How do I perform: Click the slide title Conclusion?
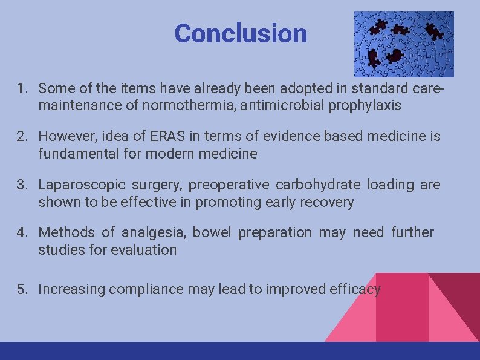[x=241, y=33]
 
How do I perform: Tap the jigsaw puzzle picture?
[x=404, y=44]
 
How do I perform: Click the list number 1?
[x=22, y=89]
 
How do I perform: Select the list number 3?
[x=22, y=185]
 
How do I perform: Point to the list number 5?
[x=22, y=289]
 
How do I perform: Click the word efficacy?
[x=353, y=290]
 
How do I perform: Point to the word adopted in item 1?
[x=266, y=89]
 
